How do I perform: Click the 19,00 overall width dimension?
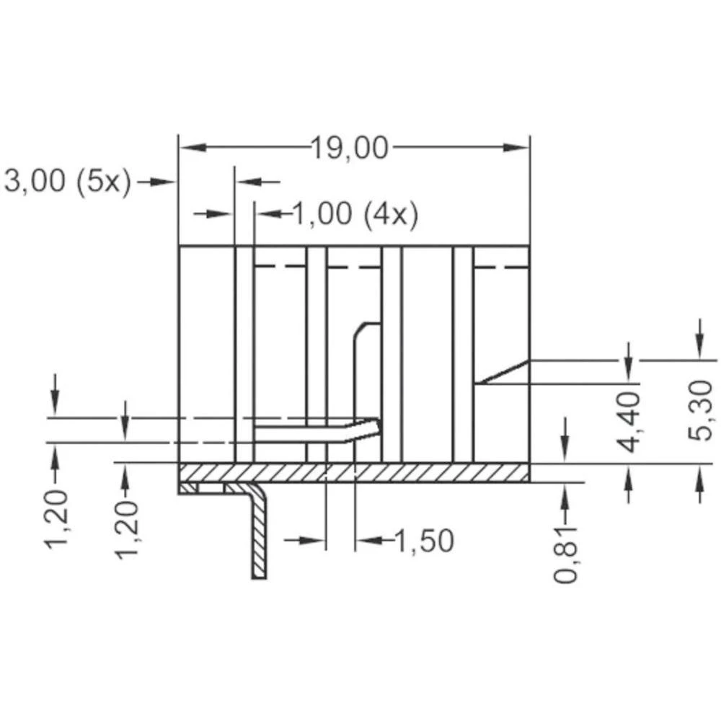[350, 149]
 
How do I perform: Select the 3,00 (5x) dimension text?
[68, 182]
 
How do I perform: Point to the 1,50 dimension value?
[423, 540]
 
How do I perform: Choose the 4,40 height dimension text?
[629, 422]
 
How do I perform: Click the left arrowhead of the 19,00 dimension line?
[189, 148]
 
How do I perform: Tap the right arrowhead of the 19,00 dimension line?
[519, 148]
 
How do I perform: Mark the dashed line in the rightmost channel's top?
[501, 267]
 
